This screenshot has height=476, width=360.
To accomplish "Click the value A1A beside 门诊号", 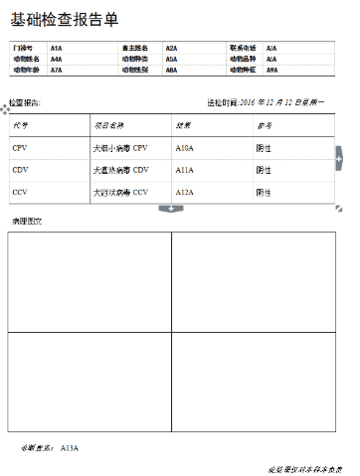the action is click(x=56, y=48).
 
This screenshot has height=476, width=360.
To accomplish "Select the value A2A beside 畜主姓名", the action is click(x=171, y=48).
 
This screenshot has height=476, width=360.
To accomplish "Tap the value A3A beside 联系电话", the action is click(x=271, y=48).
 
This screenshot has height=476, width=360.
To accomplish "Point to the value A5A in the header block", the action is click(x=171, y=59).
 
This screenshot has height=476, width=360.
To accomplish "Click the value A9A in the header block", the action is click(x=271, y=71).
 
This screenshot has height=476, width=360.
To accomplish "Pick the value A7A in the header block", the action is click(x=56, y=71).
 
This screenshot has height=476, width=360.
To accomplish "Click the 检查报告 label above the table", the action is click(x=25, y=102).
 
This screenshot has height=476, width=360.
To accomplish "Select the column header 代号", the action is click(x=21, y=126).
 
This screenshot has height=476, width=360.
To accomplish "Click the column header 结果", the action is click(x=182, y=126).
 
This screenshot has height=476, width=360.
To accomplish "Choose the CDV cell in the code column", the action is click(x=21, y=169).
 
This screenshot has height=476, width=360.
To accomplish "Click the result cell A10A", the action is click(x=184, y=147).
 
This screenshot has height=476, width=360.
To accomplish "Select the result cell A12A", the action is click(x=184, y=192).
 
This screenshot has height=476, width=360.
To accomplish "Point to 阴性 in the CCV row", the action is click(x=264, y=192).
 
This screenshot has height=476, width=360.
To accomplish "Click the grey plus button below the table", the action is click(x=171, y=209).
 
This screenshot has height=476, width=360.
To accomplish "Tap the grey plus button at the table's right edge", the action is click(x=339, y=157).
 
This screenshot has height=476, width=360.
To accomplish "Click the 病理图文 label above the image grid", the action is click(x=25, y=220).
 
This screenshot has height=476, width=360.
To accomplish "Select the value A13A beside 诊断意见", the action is click(x=70, y=448).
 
